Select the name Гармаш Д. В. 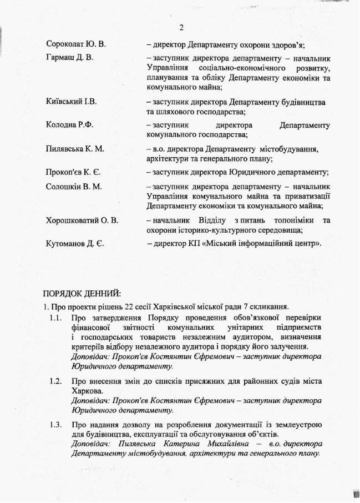69,57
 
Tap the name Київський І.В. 72,102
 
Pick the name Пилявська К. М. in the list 75,149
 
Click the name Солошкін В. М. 74,187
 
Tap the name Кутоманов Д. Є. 75,243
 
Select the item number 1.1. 54,318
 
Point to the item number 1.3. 54,425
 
